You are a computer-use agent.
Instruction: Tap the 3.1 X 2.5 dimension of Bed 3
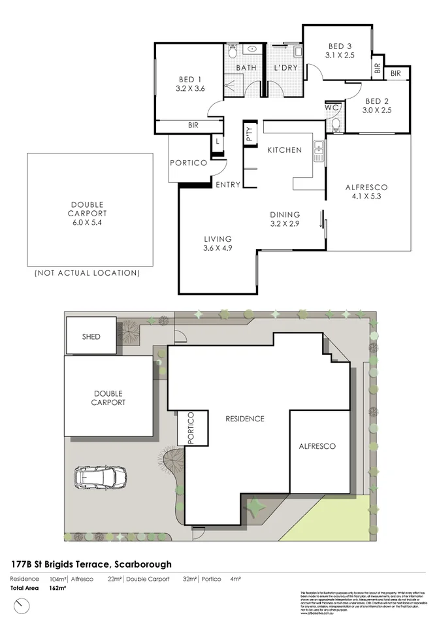340,56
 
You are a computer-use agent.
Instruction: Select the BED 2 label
377,101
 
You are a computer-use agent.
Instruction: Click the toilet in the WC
335,123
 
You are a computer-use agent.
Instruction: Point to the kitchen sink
319,151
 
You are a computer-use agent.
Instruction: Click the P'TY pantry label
249,135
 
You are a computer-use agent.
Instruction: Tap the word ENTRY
228,185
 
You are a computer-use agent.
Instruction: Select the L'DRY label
285,68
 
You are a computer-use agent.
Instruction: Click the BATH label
246,68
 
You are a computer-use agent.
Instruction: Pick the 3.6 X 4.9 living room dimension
218,248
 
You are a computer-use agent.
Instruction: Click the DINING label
285,214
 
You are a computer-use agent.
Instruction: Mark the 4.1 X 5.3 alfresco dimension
370,197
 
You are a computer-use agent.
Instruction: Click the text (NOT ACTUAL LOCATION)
87,272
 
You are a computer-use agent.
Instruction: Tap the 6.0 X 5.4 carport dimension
88,222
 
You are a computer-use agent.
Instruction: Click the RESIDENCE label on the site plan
244,418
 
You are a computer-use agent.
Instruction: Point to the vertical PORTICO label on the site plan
191,429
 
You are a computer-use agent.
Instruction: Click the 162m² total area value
58,588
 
